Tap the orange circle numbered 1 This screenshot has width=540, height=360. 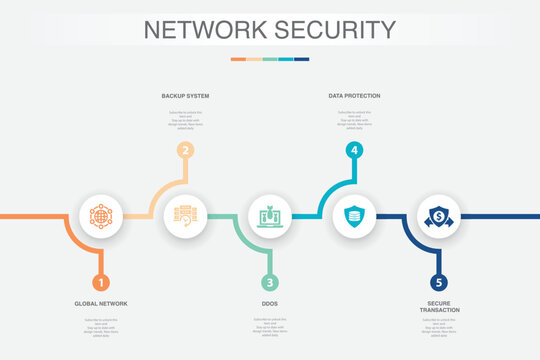tap(100, 283)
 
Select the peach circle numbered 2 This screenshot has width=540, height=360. tap(185, 150)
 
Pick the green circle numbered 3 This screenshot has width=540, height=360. tap(270, 283)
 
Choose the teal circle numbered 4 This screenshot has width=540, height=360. tap(354, 150)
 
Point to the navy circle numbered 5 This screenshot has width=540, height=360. tap(439, 283)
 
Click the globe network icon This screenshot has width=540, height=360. tap(100, 215)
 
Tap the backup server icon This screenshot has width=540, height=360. tap(185, 215)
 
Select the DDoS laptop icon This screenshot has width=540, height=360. tap(270, 215)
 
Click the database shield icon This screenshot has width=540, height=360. tap(354, 215)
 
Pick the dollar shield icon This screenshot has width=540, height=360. tap(439, 215)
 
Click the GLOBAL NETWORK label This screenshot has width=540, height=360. tap(100, 303)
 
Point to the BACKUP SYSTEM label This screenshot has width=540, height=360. tap(185, 96)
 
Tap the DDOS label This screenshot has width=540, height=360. tap(270, 303)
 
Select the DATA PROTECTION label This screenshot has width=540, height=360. tap(354, 96)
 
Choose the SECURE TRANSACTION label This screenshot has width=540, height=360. tap(439, 307)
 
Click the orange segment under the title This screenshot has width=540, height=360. tap(238, 59)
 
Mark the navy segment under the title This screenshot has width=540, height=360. tap(301, 59)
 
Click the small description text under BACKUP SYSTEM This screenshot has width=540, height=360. tap(185, 118)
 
